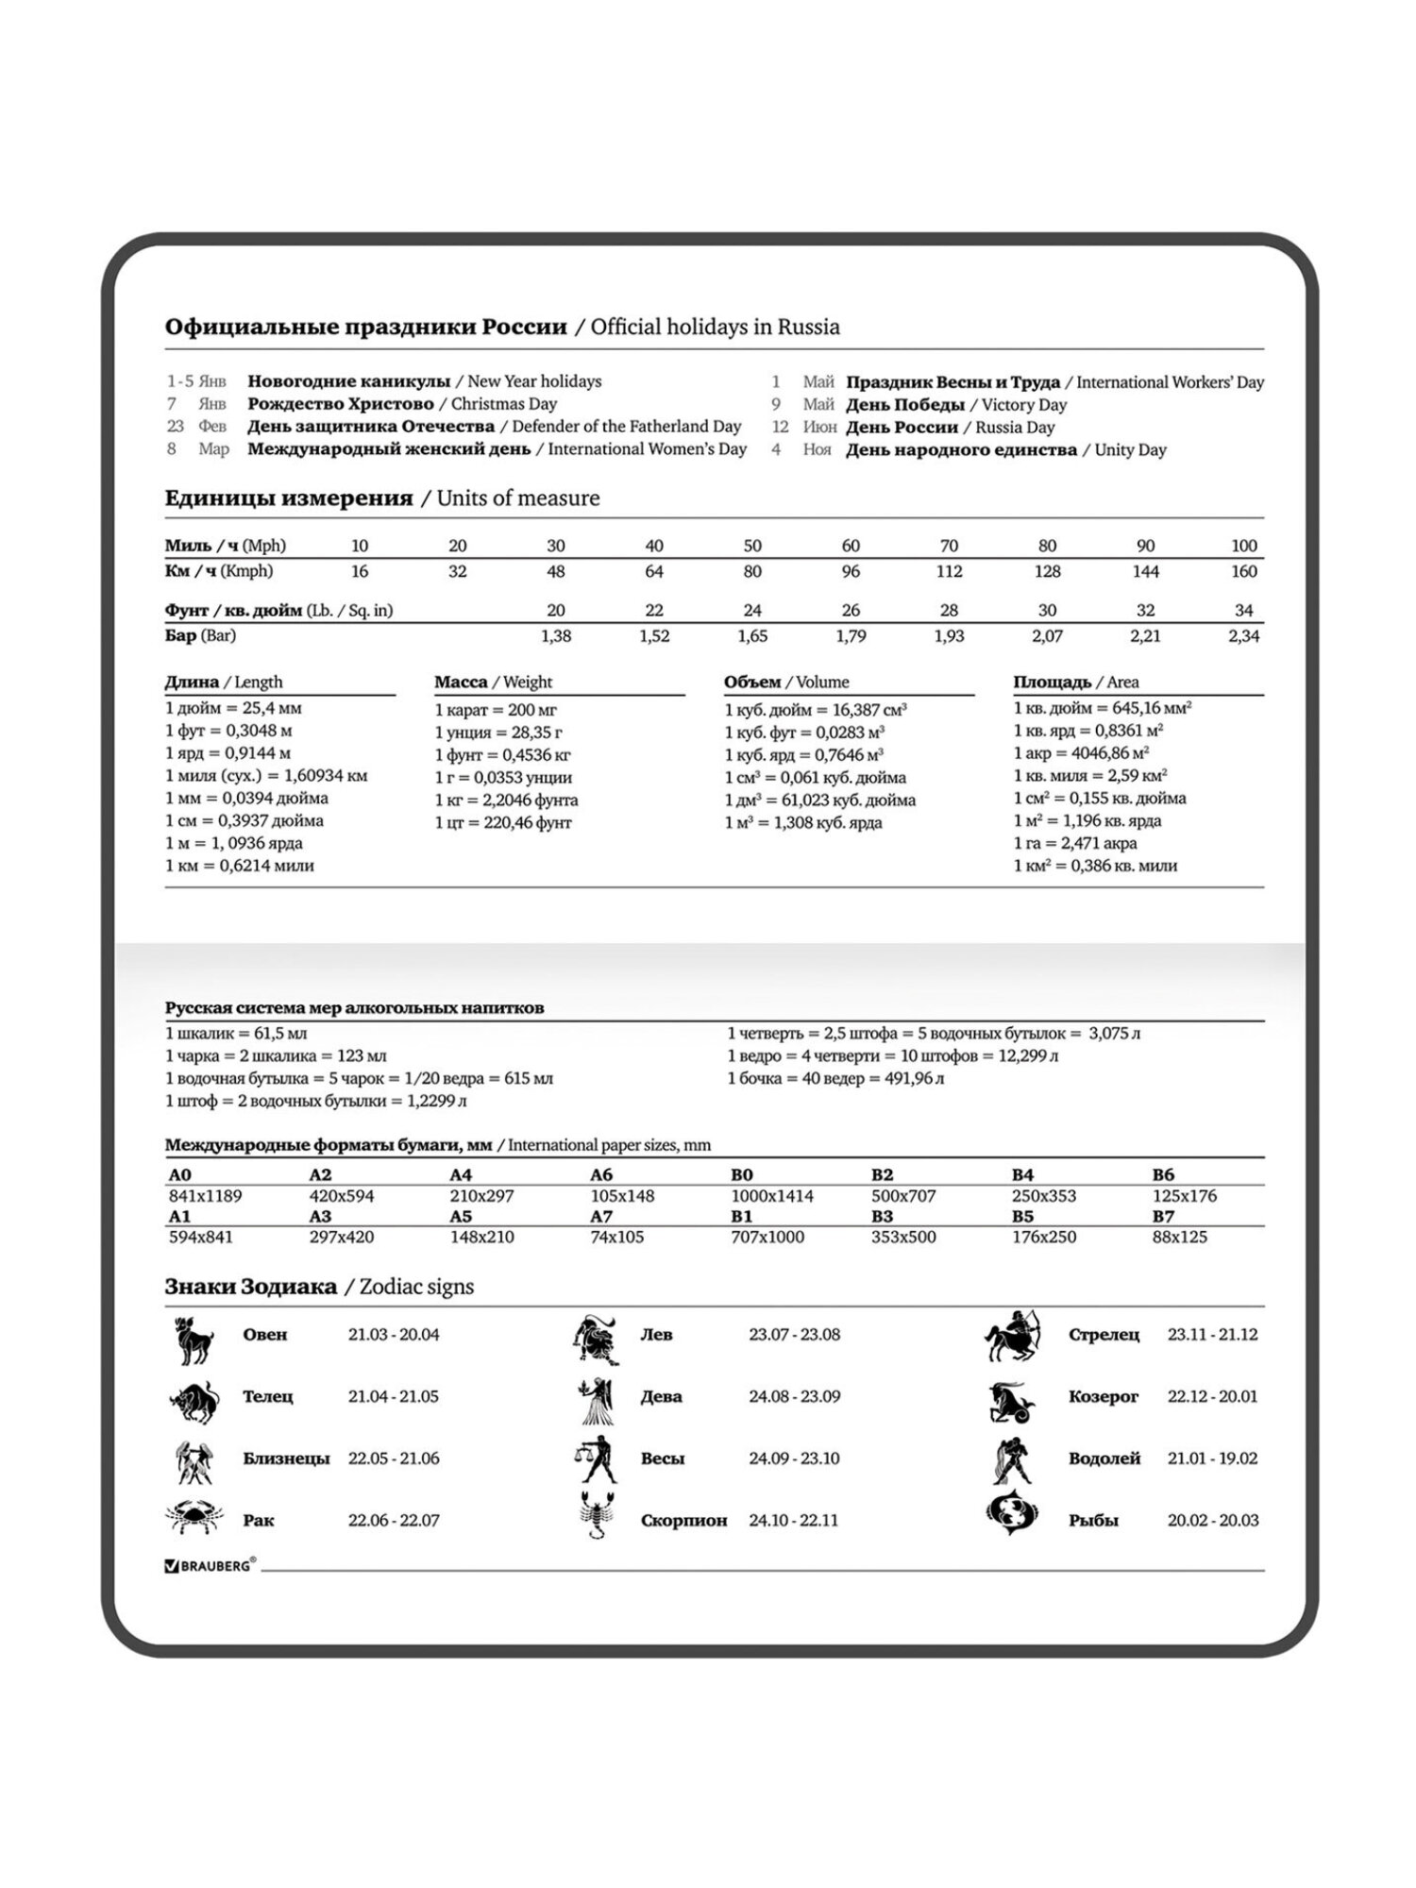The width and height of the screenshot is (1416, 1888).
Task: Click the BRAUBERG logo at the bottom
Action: [x=210, y=1565]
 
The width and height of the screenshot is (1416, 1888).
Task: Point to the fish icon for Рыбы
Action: [x=1011, y=1510]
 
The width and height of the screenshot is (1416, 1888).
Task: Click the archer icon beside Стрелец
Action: [x=1013, y=1336]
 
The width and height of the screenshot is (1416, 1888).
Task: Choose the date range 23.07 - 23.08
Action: [x=794, y=1335]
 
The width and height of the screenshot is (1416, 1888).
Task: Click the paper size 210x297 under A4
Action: [x=481, y=1196]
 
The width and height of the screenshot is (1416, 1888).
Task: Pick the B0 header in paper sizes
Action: [x=742, y=1175]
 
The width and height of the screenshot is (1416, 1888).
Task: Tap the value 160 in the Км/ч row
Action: [x=1243, y=571]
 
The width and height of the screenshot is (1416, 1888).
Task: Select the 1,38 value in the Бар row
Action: [x=555, y=636]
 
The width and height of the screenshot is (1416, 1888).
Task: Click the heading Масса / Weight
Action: [x=493, y=682]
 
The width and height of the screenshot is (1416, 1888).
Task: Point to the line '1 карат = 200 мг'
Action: [x=496, y=710]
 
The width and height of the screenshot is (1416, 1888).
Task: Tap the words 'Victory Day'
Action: [x=1023, y=405]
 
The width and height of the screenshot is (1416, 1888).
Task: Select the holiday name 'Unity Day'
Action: [x=1130, y=450]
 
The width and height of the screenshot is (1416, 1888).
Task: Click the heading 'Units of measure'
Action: [x=517, y=498]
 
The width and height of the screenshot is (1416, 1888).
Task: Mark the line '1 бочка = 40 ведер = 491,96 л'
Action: [x=835, y=1078]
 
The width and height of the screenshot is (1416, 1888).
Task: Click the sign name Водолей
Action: [x=1104, y=1458]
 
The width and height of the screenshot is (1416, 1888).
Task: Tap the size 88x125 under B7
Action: [x=1179, y=1237]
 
